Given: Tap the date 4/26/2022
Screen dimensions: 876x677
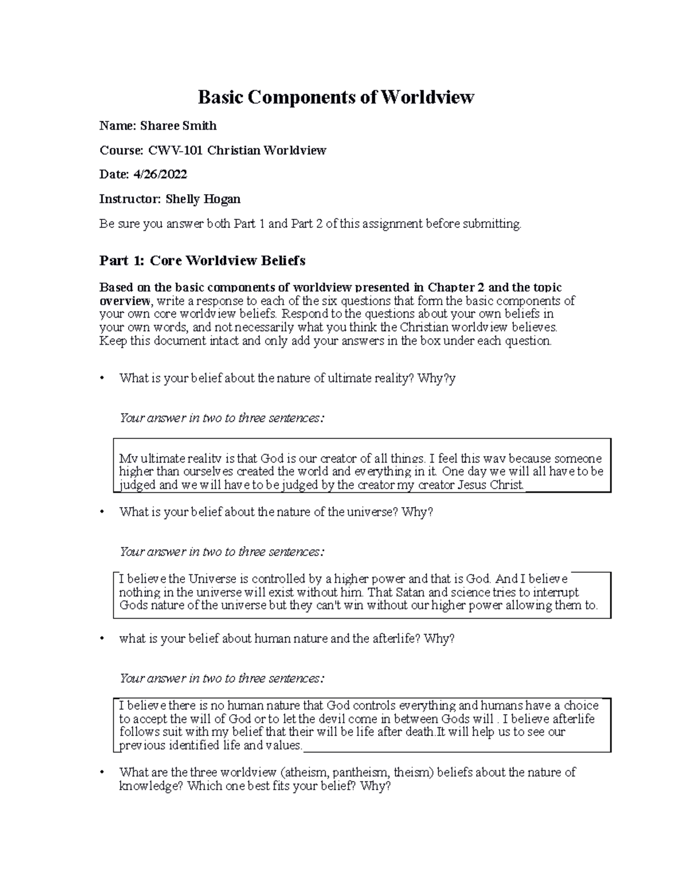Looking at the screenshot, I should [160, 175].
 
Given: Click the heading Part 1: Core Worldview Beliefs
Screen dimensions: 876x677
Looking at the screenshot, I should [202, 261].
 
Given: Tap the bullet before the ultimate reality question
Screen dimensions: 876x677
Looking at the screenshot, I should [102, 378].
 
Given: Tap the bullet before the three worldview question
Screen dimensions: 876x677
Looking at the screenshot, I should [102, 773].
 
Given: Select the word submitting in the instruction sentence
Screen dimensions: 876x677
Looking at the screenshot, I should [491, 224].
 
